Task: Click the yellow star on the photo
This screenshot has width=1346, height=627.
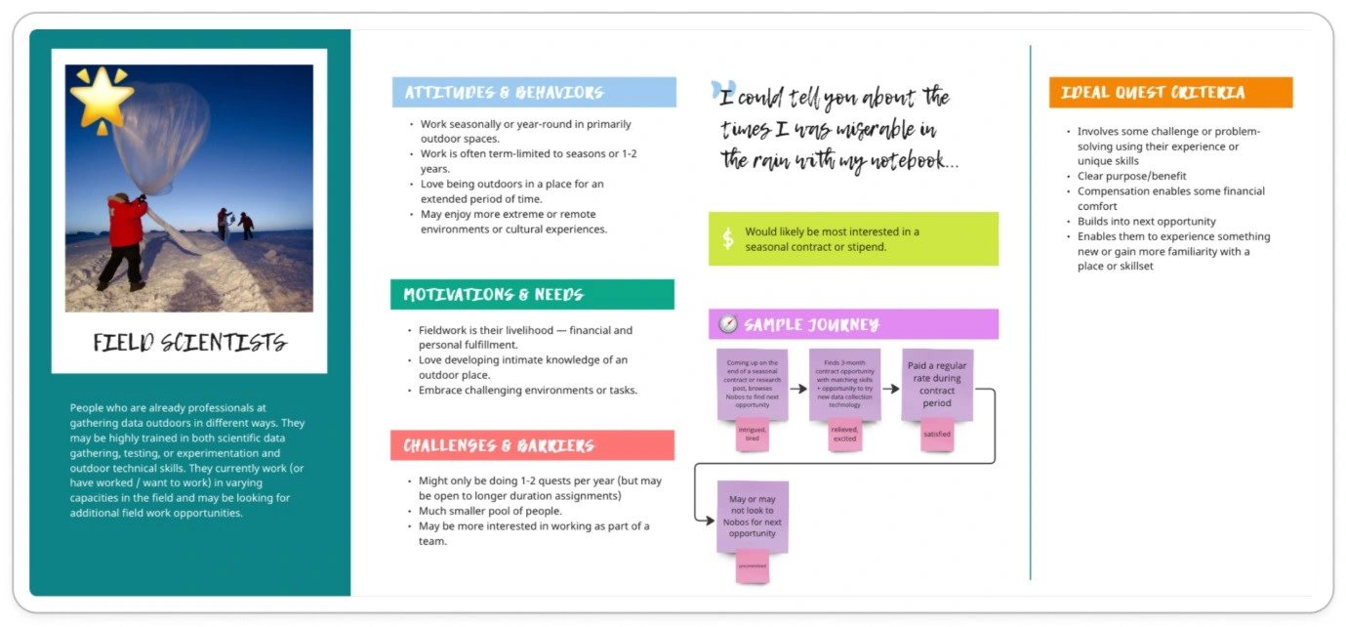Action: [x=102, y=98]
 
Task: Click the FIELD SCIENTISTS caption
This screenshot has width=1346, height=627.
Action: [x=189, y=342]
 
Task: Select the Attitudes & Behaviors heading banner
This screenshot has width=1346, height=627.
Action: [x=533, y=93]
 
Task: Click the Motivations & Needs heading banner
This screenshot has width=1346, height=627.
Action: [x=532, y=295]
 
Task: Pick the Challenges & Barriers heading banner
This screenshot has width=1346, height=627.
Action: [x=532, y=445]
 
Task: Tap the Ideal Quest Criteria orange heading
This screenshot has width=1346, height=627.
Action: [x=1170, y=93]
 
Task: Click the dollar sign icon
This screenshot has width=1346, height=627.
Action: [x=728, y=239]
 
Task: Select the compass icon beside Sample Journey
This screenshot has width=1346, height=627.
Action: [x=728, y=324]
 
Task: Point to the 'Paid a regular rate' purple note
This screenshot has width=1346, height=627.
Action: [x=937, y=384]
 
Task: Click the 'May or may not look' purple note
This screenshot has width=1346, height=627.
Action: [x=753, y=516]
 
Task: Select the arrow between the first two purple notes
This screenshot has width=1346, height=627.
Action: [x=798, y=389]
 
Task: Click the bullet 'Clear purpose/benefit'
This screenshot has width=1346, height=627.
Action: [x=1132, y=177]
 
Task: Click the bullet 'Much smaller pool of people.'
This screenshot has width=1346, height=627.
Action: [x=490, y=511]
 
